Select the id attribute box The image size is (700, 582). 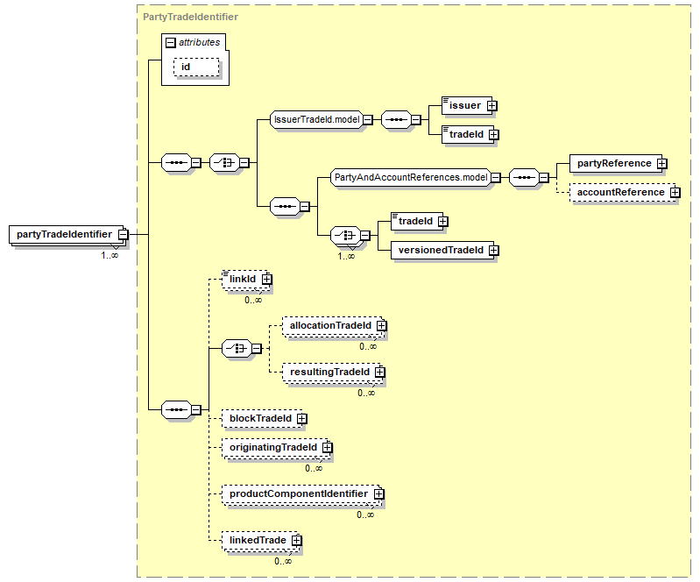pos(196,67)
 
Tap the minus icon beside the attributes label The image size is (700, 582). pos(170,42)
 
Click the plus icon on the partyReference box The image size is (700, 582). pos(661,164)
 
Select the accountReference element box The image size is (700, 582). pos(623,193)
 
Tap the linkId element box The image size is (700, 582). pos(246,280)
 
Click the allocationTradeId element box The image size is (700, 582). pos(333,326)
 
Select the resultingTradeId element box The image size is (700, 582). pos(333,373)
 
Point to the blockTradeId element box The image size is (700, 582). pos(263,419)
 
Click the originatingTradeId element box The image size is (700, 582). pos(276,448)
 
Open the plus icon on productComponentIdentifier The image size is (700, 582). pos(378,494)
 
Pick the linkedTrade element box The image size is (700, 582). pos(261,541)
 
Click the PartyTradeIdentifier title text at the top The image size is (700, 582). pos(191,17)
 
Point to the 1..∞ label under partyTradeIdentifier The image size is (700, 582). pos(110,255)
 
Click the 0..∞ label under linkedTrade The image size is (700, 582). pos(283,562)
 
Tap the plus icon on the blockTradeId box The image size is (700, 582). pos(302,418)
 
